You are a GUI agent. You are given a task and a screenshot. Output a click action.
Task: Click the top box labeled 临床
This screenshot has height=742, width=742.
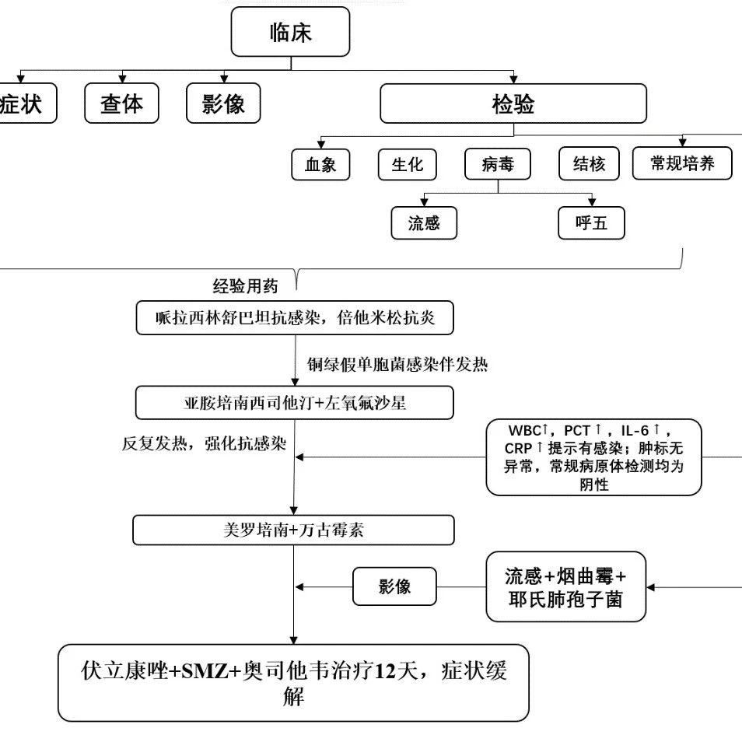pos(291,32)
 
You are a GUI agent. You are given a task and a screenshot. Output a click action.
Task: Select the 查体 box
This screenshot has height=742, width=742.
pos(121,103)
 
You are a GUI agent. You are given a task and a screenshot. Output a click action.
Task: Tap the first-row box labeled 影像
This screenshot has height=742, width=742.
pos(223,103)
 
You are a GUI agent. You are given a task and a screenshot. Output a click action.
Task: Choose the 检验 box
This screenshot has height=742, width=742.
pos(513,103)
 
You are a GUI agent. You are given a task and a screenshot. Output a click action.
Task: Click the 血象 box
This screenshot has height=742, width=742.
pos(320,164)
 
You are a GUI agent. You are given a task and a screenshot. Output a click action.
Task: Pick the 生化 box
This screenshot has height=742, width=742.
pos(408,164)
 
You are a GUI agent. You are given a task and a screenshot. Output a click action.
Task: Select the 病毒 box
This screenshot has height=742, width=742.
pos(498,164)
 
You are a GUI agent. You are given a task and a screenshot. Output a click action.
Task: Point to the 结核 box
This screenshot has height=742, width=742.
pos(589,164)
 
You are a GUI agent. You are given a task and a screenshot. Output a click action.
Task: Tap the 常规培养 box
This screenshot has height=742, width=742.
pos(681,163)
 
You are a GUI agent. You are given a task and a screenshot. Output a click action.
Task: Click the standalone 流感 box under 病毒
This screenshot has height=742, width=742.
pos(424,224)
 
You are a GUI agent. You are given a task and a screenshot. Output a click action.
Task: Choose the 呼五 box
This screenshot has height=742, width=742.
pos(591,224)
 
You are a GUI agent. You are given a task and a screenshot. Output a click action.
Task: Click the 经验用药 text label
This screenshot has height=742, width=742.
pos(245,285)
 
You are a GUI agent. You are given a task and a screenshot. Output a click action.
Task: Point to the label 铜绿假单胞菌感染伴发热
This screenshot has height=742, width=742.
pos(397,363)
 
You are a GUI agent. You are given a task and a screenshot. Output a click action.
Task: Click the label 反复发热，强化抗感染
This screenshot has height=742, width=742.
pos(205,444)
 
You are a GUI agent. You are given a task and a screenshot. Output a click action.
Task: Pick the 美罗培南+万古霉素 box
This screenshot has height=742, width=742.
pos(293,530)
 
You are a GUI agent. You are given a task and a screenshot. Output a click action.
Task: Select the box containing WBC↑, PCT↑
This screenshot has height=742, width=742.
pos(593,457)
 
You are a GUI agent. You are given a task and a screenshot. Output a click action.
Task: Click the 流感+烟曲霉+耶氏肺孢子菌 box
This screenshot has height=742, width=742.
pos(565,586)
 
